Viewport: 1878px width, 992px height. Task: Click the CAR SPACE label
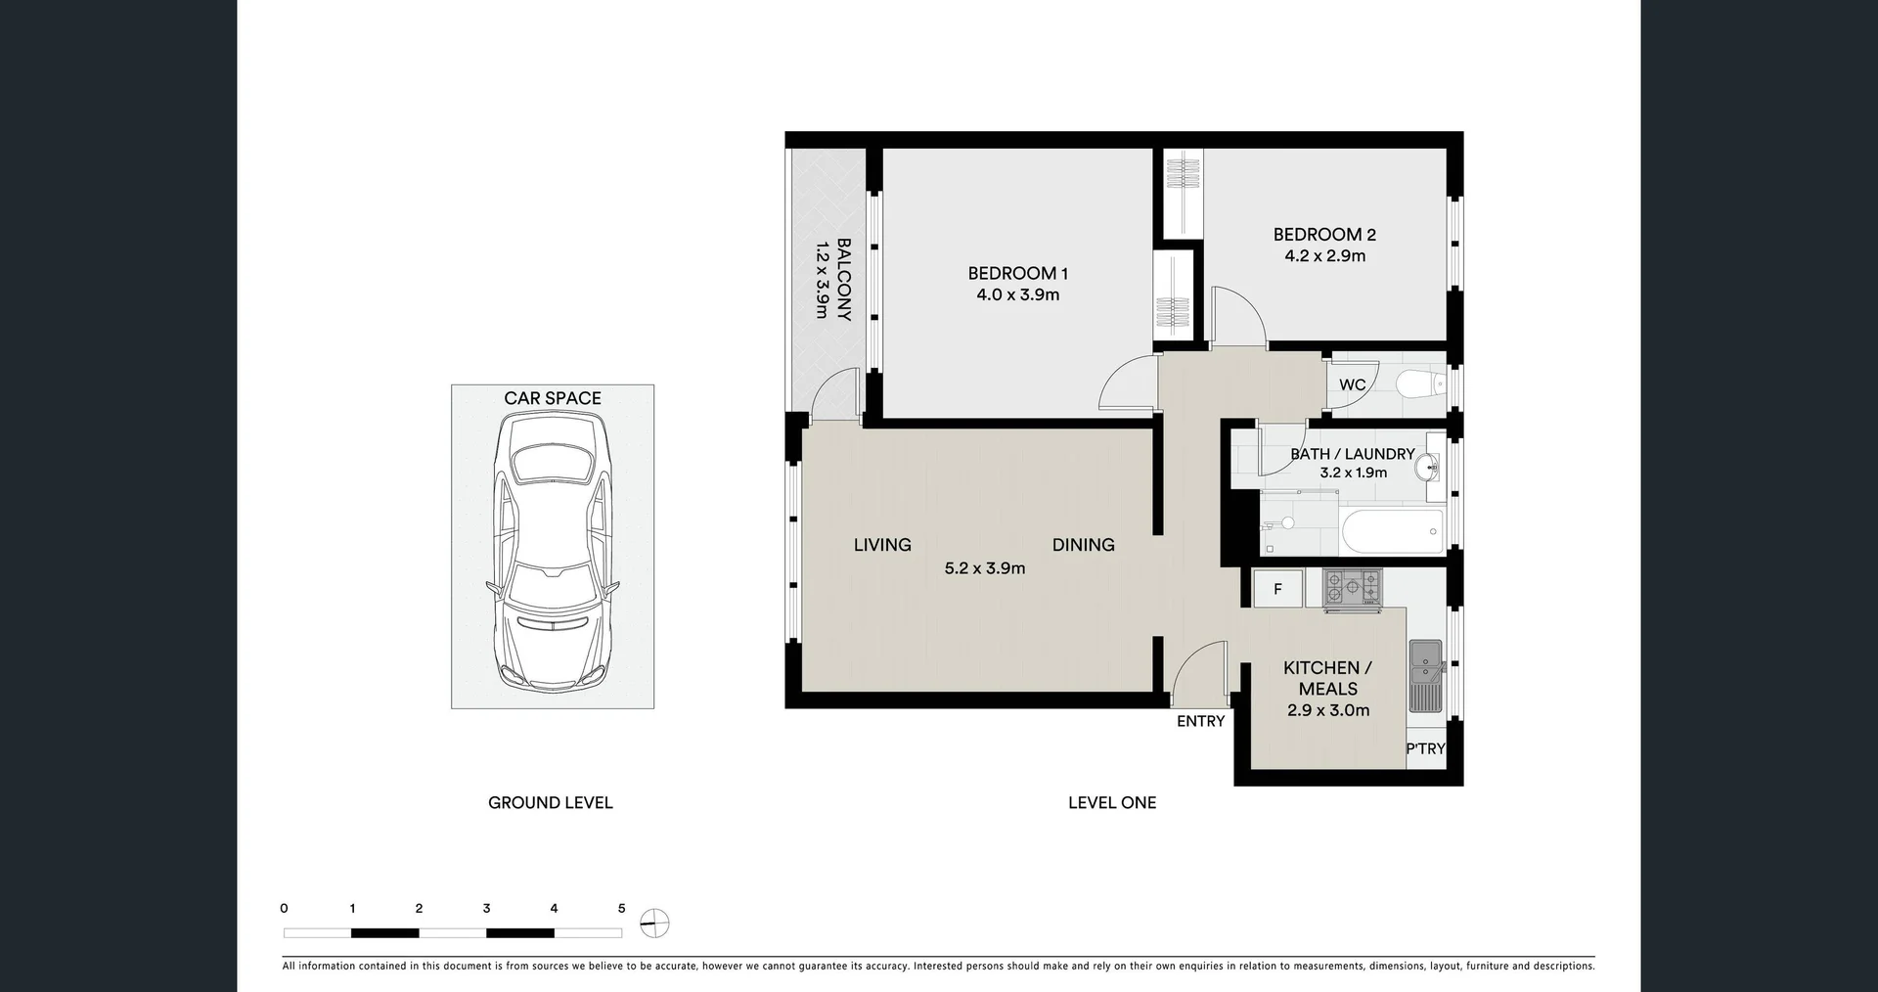pos(553,398)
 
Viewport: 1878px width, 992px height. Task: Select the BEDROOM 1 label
pos(1017,273)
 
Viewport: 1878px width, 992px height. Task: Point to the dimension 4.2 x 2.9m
pos(1324,256)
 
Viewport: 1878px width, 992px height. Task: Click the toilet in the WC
pos(1418,384)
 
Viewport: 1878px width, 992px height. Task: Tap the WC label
pos(1352,384)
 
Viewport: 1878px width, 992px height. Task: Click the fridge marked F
pos(1277,589)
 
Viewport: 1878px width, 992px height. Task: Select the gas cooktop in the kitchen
pos(1352,588)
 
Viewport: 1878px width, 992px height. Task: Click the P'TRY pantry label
pos(1425,748)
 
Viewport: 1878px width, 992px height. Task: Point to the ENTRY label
pos(1200,721)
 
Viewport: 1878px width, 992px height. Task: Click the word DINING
pos(1083,545)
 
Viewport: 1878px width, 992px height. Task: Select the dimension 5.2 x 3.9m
pos(984,568)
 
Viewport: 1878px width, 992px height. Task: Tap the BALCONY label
pos(843,279)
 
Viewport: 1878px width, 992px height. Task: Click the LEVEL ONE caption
pos(1111,802)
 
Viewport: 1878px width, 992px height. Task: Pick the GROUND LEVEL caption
pos(550,802)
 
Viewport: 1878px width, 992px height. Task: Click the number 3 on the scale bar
pos(486,909)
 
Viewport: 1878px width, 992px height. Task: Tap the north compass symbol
pos(654,923)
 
